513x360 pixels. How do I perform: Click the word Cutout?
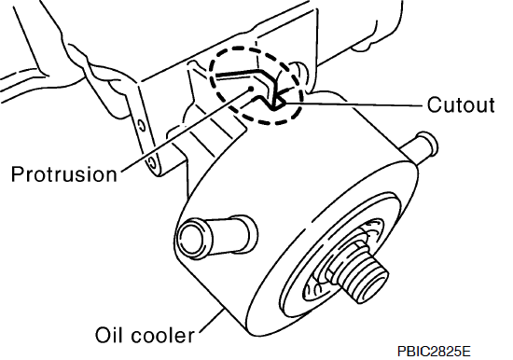461,104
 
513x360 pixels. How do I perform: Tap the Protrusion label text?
63,173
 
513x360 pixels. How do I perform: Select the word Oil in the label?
108,335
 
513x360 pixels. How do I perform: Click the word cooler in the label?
163,335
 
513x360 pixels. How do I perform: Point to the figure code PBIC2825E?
434,352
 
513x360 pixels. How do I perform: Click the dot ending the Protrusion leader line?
251,89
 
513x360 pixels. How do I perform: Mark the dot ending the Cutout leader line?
284,104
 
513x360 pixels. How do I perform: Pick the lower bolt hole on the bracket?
151,161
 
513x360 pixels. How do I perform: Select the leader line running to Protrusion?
186,130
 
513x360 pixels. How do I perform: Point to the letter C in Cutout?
435,104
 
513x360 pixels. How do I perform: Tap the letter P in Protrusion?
18,173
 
